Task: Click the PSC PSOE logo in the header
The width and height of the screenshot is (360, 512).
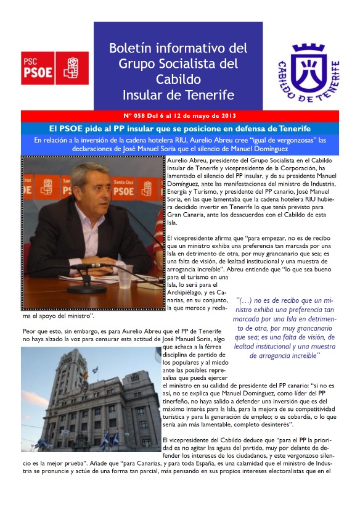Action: [x=55, y=67]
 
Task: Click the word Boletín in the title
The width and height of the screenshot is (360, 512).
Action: [x=131, y=48]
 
